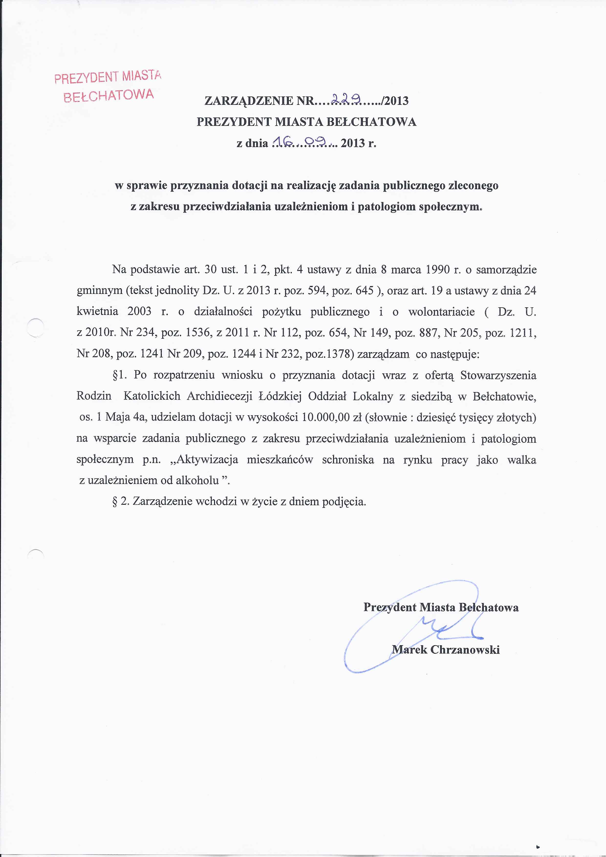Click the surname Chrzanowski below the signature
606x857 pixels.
(x=465, y=650)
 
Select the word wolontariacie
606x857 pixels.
(x=441, y=312)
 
